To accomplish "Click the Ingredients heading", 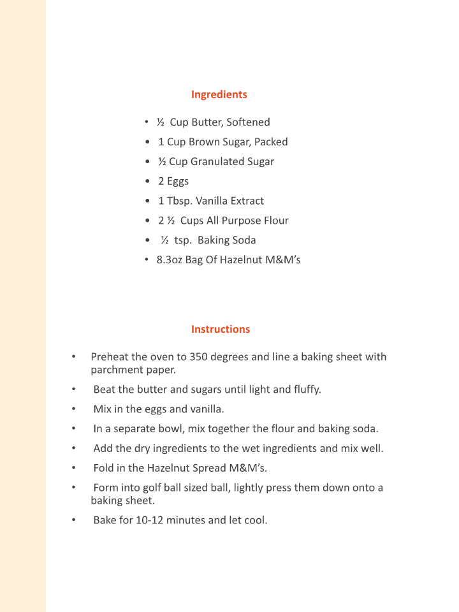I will [x=219, y=94].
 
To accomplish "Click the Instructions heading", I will [x=221, y=329].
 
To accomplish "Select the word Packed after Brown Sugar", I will [x=271, y=142].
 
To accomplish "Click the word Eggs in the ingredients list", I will [x=178, y=181].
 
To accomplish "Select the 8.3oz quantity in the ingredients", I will [x=169, y=260].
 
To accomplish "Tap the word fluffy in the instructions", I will [x=307, y=390].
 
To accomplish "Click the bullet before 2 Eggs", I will [x=148, y=181].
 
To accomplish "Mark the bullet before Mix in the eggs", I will [x=74, y=409].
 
